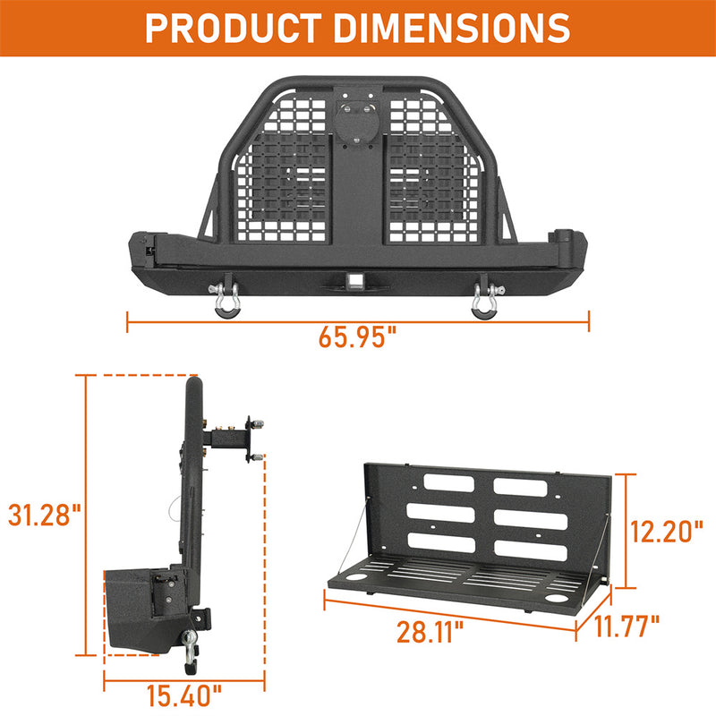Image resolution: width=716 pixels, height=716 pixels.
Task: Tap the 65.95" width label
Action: pyautogui.click(x=357, y=338)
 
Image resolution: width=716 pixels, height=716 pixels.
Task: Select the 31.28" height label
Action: pyautogui.click(x=43, y=516)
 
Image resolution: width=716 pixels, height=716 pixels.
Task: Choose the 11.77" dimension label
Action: pyautogui.click(x=628, y=624)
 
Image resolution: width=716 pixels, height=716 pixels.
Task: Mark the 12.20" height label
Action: pyautogui.click(x=665, y=531)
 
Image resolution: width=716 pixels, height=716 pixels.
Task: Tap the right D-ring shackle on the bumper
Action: pyautogui.click(x=485, y=297)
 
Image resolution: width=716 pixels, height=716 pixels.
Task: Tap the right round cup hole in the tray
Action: pyautogui.click(x=558, y=596)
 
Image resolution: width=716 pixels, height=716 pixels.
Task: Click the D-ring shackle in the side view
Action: pyautogui.click(x=192, y=649)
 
